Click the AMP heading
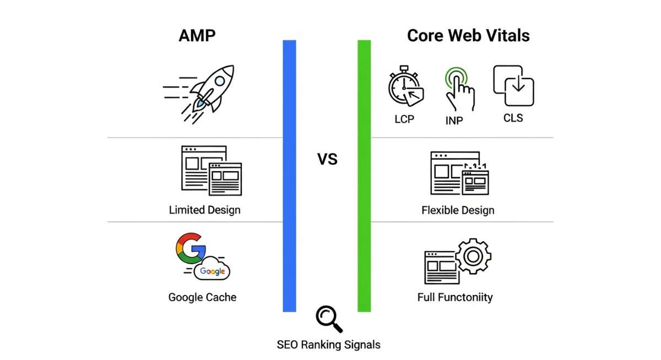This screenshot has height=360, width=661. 197,36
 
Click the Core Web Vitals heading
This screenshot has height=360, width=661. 468,36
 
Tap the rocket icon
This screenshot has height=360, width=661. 205,92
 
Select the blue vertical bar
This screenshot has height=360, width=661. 289,176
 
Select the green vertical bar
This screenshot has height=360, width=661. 364,176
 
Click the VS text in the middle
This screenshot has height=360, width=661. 327,160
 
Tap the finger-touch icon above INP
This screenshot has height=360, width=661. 459,90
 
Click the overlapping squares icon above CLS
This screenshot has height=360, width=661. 513,86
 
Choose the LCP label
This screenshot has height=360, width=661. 404,119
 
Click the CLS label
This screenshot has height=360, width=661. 513,118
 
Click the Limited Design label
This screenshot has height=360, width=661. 204,210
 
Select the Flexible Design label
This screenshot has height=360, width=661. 458,210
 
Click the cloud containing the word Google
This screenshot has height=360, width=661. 212,270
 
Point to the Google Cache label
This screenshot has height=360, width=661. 202,297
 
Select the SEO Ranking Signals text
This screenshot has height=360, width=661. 328,345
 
